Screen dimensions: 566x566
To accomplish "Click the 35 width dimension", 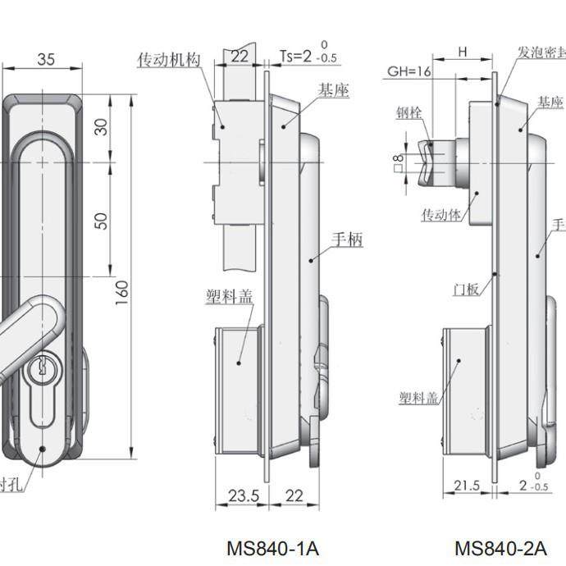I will point(46,59).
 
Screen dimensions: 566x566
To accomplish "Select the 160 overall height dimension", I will point(122,290).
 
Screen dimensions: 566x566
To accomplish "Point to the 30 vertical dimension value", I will point(101,127).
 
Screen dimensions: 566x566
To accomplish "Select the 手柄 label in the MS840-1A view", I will point(347,240).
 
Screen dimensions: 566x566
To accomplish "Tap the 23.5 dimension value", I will point(238,495).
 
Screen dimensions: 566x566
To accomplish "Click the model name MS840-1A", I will point(272,547).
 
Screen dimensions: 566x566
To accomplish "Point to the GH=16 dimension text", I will point(409,71).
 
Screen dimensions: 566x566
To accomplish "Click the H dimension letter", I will point(463,52).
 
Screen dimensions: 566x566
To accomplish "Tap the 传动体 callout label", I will point(442,214).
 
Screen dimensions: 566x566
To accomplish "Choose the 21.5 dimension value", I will point(467,485).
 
